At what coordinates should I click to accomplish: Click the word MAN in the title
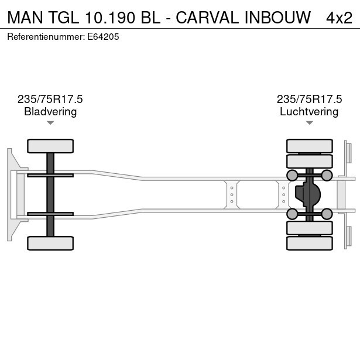pyautogui.click(x=25, y=18)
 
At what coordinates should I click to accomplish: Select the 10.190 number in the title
pyautogui.click(x=110, y=18)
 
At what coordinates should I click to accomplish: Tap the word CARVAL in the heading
pyautogui.click(x=207, y=18)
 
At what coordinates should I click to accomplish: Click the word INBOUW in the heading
pyautogui.click(x=278, y=18)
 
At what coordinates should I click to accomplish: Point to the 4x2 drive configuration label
pyautogui.click(x=339, y=18)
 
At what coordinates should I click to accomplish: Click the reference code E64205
pyautogui.click(x=103, y=37)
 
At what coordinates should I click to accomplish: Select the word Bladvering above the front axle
pyautogui.click(x=50, y=112)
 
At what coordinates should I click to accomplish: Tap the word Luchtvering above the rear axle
pyautogui.click(x=309, y=112)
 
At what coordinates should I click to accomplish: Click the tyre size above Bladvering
pyautogui.click(x=50, y=99)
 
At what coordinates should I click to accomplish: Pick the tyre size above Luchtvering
pyautogui.click(x=309, y=99)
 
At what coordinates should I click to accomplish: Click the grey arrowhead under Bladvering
pyautogui.click(x=50, y=123)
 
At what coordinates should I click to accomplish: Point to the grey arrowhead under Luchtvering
pyautogui.click(x=310, y=123)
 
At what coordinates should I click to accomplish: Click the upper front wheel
pyautogui.click(x=50, y=146)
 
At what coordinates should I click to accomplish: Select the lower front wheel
pyautogui.click(x=50, y=243)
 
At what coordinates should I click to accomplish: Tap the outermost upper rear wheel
pyautogui.click(x=310, y=146)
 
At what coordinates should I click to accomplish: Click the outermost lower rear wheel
pyautogui.click(x=310, y=243)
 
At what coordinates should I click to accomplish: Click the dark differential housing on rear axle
pyautogui.click(x=308, y=194)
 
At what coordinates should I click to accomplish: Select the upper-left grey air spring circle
pyautogui.click(x=292, y=176)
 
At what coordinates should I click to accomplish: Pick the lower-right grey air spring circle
pyautogui.click(x=327, y=214)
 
